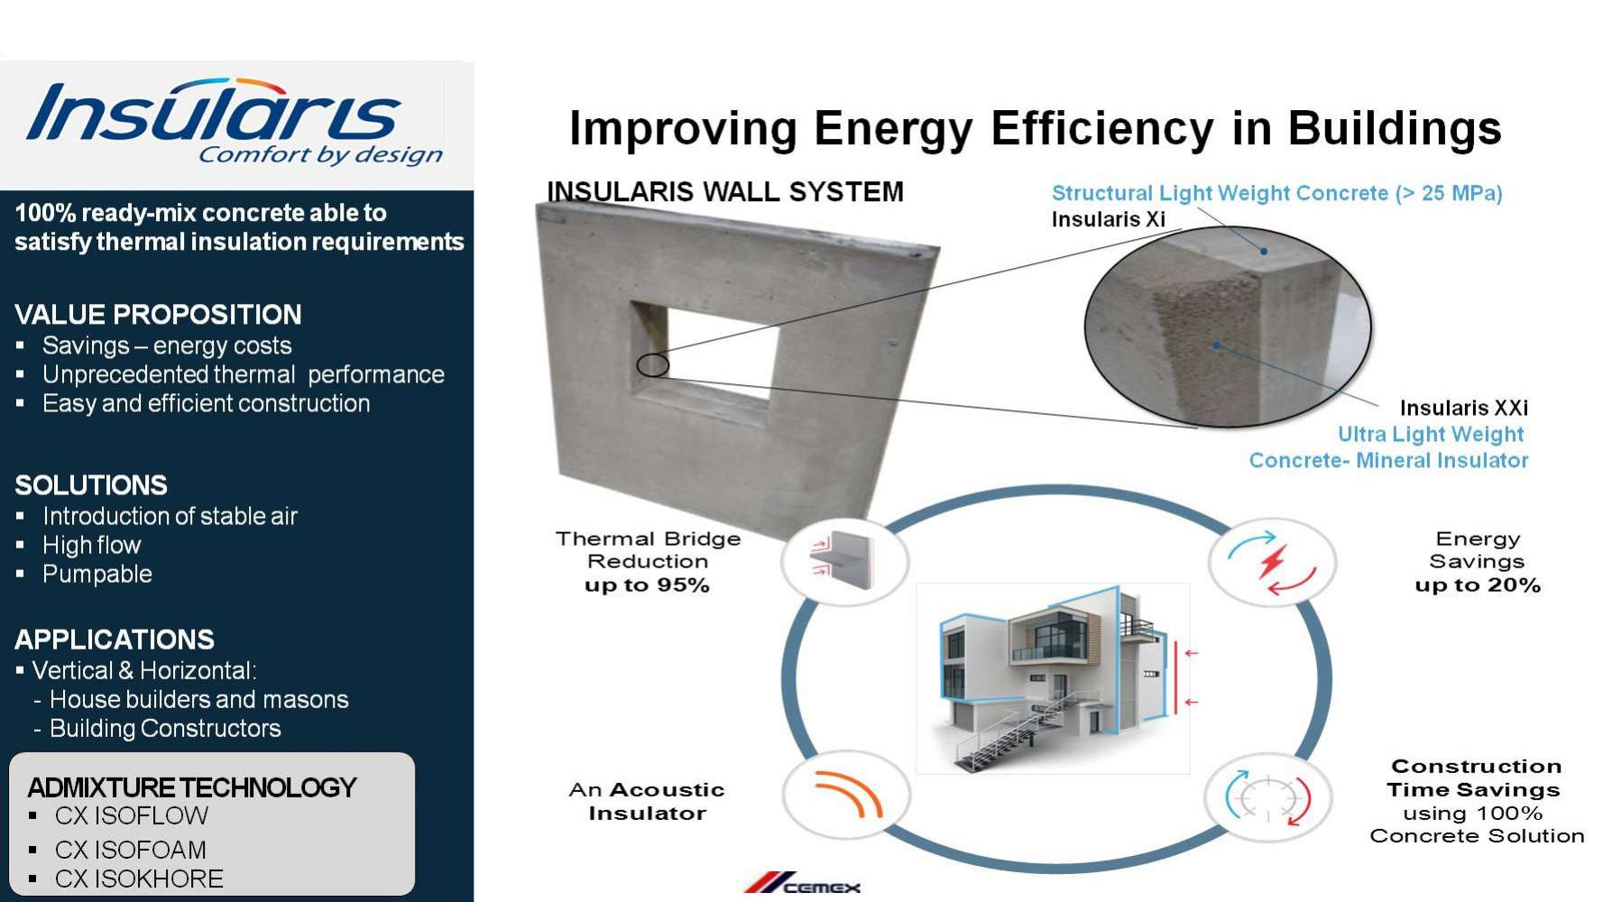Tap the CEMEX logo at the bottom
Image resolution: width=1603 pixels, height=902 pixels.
click(802, 884)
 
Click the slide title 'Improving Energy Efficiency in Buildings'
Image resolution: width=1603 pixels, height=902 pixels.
click(1036, 128)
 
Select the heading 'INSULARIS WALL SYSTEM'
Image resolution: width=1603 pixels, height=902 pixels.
click(725, 191)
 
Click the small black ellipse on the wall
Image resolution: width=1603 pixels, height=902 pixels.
click(652, 365)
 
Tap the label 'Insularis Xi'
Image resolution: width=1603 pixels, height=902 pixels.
click(1108, 219)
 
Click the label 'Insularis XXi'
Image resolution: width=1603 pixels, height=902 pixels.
click(1463, 408)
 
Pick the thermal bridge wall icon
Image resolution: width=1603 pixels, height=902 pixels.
click(844, 560)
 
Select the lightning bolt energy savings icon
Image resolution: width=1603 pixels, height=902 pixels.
click(1272, 562)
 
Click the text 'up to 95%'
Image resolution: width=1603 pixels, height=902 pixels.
click(647, 585)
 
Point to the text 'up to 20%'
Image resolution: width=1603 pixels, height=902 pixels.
click(1477, 585)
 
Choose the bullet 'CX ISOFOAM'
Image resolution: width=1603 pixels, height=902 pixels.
click(131, 850)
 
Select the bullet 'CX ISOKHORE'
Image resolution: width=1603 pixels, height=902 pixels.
click(139, 879)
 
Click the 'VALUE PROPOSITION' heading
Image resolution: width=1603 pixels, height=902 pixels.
click(158, 315)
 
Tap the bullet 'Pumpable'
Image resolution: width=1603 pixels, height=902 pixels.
click(97, 574)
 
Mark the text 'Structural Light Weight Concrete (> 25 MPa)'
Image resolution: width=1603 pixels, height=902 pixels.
click(1277, 193)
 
